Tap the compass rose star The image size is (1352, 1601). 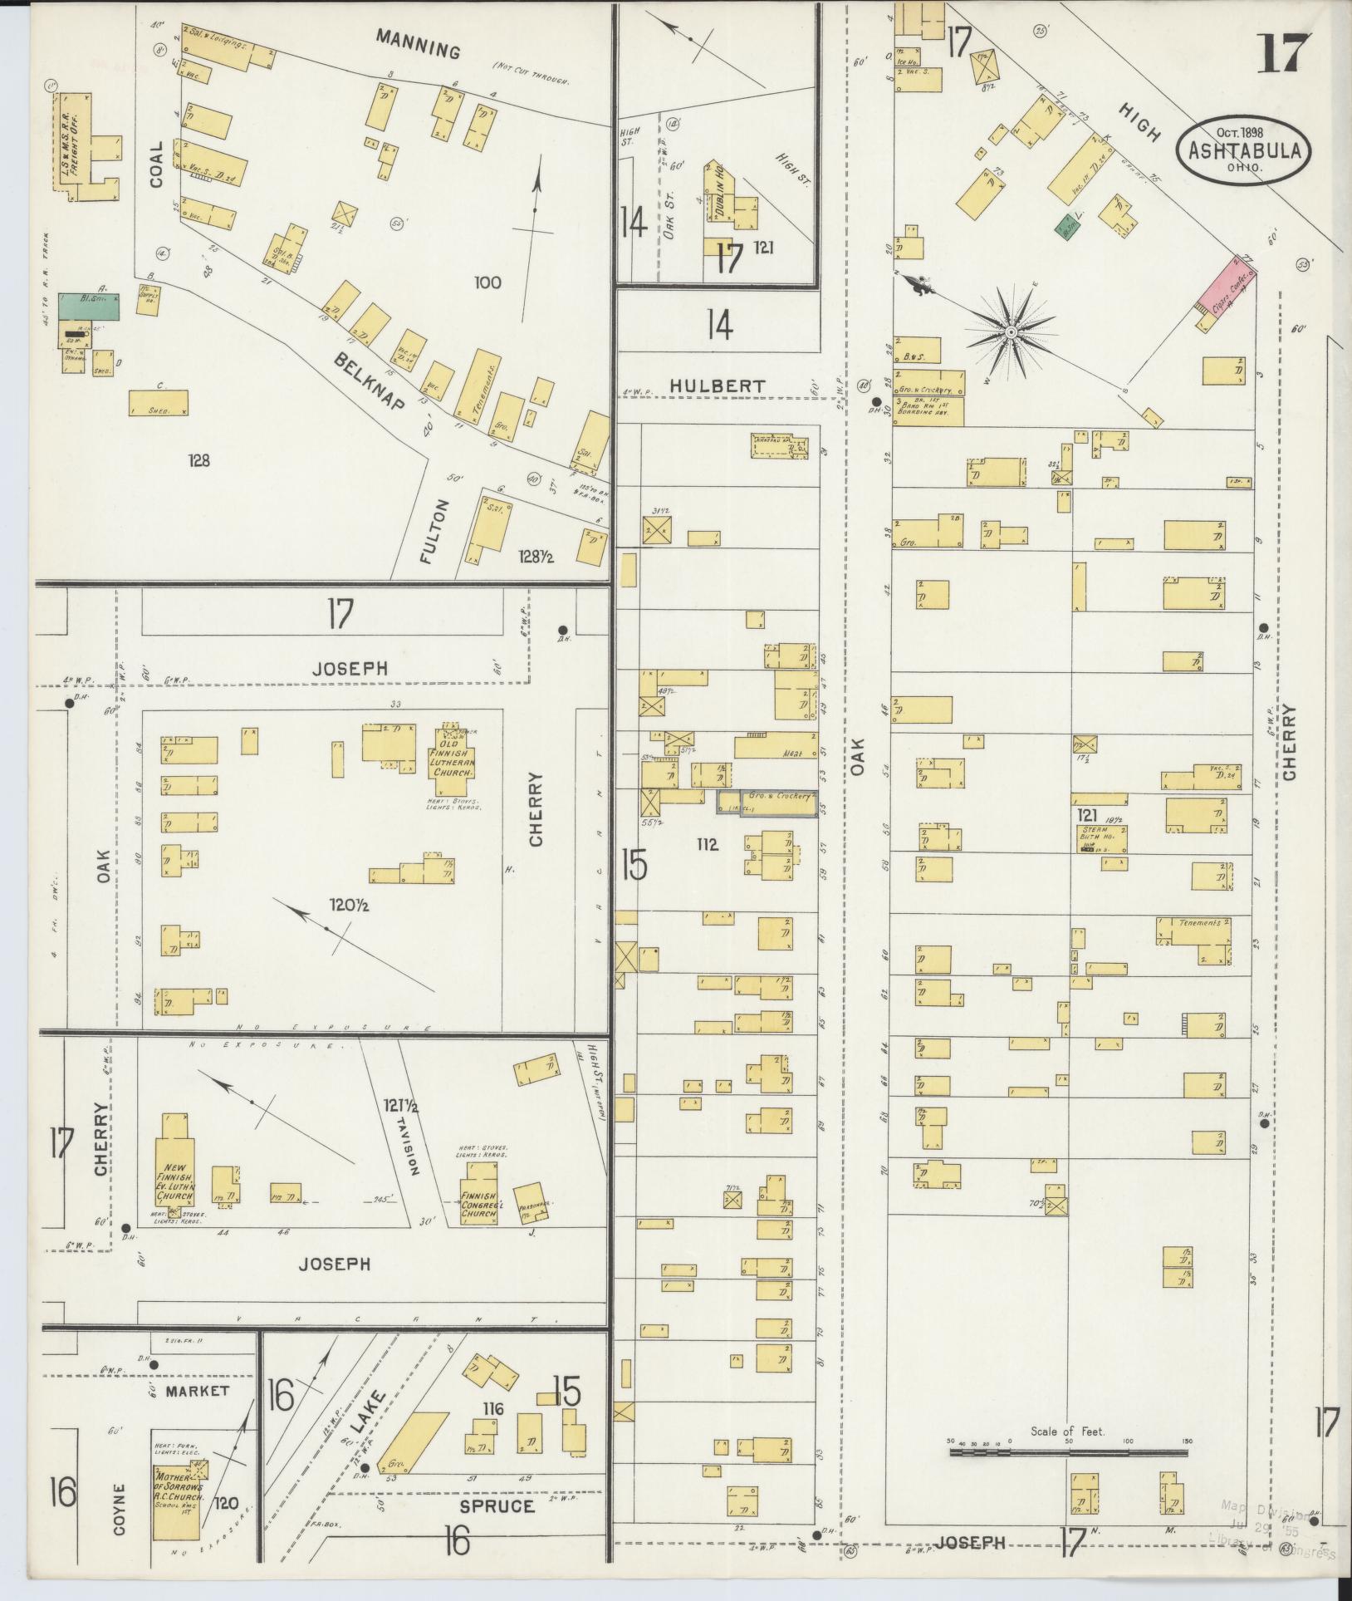point(1011,332)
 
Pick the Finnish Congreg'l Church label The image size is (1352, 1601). point(479,1201)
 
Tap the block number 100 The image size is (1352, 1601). point(487,282)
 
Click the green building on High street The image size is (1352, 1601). point(1062,224)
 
